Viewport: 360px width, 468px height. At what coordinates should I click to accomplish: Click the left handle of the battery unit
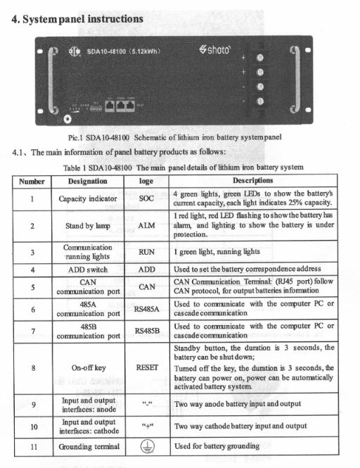49,78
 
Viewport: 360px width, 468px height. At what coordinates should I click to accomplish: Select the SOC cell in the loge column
147,198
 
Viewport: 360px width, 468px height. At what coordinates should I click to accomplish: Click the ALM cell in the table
147,226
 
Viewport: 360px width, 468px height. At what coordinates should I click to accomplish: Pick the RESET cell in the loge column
147,367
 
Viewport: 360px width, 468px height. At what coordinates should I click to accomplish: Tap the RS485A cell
147,308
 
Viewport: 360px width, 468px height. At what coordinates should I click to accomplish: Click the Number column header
31,180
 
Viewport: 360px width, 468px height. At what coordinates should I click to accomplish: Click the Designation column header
87,180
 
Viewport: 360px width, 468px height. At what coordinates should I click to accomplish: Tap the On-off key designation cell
87,367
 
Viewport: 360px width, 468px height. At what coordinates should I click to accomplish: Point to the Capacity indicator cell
87,198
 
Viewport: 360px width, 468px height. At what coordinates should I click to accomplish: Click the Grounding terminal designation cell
87,445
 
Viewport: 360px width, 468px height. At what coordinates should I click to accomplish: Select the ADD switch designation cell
87,269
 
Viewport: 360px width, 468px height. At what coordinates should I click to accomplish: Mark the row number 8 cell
31,367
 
